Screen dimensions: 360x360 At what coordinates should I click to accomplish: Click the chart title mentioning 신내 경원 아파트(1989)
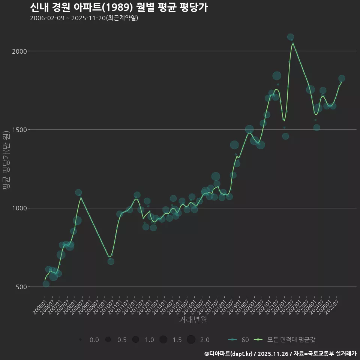coord(118,7)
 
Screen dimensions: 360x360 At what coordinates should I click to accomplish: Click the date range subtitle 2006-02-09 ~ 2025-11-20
coord(84,18)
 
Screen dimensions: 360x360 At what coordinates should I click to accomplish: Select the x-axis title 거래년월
coord(193,320)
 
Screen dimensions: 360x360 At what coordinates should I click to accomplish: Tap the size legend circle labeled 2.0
coord(191,340)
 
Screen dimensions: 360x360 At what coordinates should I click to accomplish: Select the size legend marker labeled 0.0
coord(81,340)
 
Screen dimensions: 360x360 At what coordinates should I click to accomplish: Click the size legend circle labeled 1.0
coord(136,340)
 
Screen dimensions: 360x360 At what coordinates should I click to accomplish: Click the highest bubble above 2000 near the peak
coord(290,37)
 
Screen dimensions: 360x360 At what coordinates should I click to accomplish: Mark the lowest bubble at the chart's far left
coord(46,284)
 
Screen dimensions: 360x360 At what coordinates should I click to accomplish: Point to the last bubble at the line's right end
coord(342,78)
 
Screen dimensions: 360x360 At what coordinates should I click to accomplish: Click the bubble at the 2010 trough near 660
coord(111,261)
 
